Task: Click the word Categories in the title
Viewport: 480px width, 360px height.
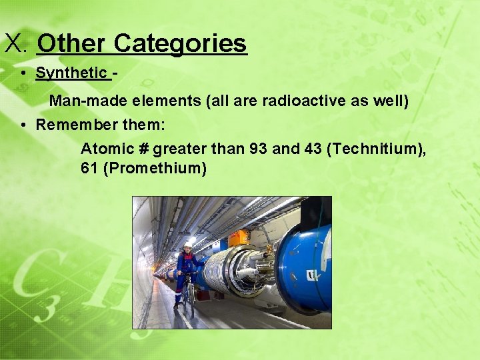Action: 180,44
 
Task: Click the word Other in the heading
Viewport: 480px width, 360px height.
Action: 72,44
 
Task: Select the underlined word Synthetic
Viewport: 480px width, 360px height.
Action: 71,73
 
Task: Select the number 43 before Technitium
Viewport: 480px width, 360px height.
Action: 311,149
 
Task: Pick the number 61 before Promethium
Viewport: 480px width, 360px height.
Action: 89,168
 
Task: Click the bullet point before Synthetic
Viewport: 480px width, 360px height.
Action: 23,73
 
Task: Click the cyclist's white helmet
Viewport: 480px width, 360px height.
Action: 188,245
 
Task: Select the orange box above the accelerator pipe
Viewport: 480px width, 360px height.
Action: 238,238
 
